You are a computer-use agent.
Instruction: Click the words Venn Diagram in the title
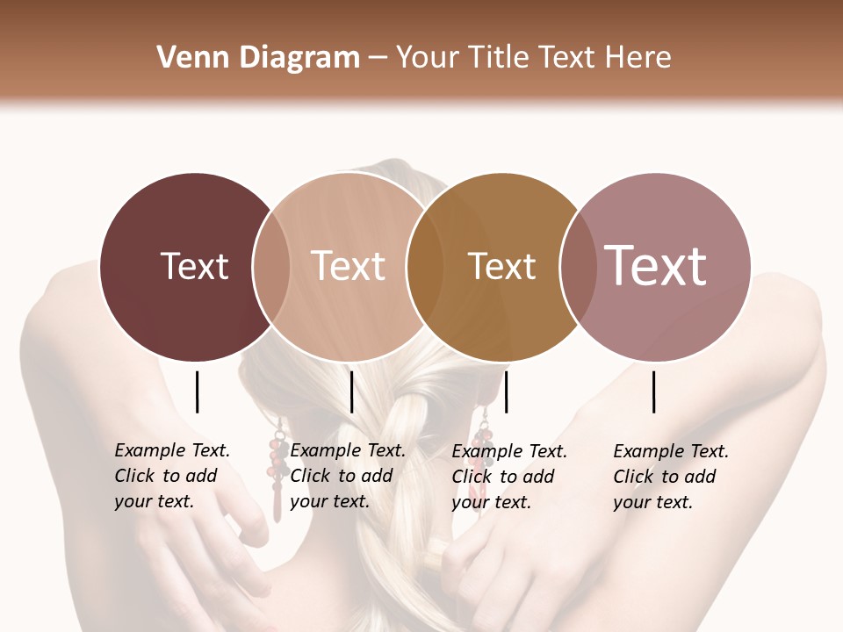tap(258, 58)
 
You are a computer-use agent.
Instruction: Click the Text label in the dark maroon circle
tap(194, 266)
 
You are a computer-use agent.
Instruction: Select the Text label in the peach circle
tap(348, 266)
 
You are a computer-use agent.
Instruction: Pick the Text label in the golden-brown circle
tap(501, 266)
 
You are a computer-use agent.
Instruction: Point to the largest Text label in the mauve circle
tap(655, 265)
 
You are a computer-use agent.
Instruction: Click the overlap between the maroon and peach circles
tap(271, 267)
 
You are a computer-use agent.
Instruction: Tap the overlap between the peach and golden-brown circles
tap(424, 267)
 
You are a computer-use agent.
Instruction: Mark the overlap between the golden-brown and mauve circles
tap(577, 267)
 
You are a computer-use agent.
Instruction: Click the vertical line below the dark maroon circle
tap(197, 391)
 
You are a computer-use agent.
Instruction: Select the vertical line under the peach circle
tap(351, 391)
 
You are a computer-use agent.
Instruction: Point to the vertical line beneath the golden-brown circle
tap(506, 391)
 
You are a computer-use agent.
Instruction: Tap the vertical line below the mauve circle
tap(654, 391)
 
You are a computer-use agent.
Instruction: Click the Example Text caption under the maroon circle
tap(172, 476)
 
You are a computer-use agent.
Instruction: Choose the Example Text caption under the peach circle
tap(348, 476)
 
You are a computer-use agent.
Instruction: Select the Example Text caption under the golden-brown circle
tap(509, 477)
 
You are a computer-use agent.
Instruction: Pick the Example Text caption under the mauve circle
tap(671, 477)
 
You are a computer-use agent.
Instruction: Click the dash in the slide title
tap(378, 59)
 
